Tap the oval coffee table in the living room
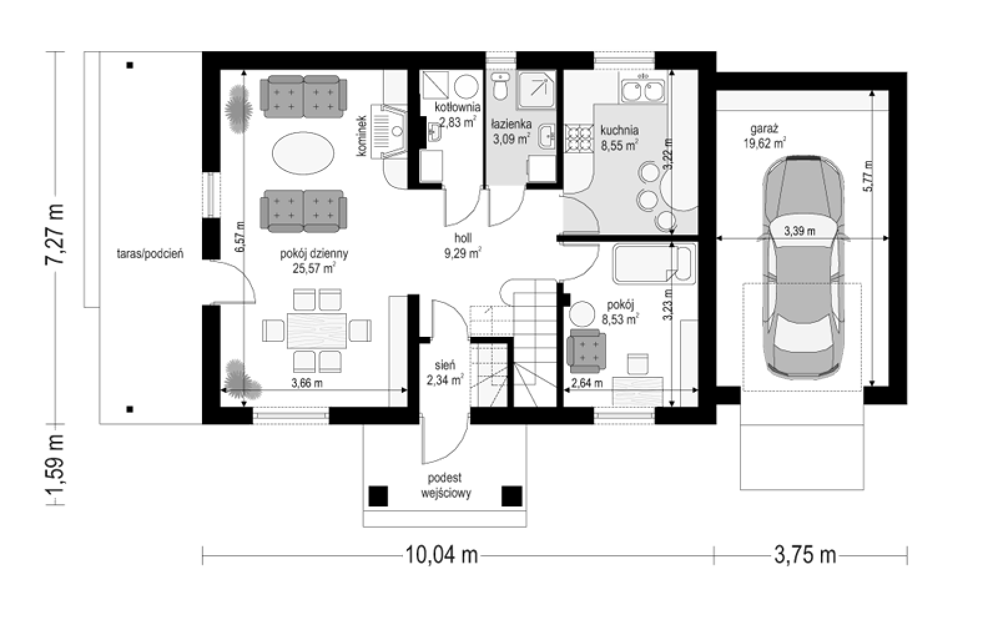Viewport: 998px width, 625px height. click(x=303, y=154)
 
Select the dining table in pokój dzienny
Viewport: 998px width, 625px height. click(x=317, y=331)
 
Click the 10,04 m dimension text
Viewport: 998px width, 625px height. click(x=441, y=556)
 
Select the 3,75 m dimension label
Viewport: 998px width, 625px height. click(x=805, y=556)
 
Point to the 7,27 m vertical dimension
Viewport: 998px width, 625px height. click(x=55, y=234)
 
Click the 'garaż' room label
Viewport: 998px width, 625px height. click(x=764, y=129)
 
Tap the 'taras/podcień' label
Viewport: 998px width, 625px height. click(x=150, y=254)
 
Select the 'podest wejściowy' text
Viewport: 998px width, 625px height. click(x=445, y=485)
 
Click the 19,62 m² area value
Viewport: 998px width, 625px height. click(x=764, y=143)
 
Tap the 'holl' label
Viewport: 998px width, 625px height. click(x=463, y=238)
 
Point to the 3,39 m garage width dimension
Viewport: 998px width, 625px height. click(x=800, y=231)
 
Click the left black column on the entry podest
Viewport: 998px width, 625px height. click(x=378, y=496)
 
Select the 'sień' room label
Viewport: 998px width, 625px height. click(x=445, y=366)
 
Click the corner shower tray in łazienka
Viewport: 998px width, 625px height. click(x=536, y=90)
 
